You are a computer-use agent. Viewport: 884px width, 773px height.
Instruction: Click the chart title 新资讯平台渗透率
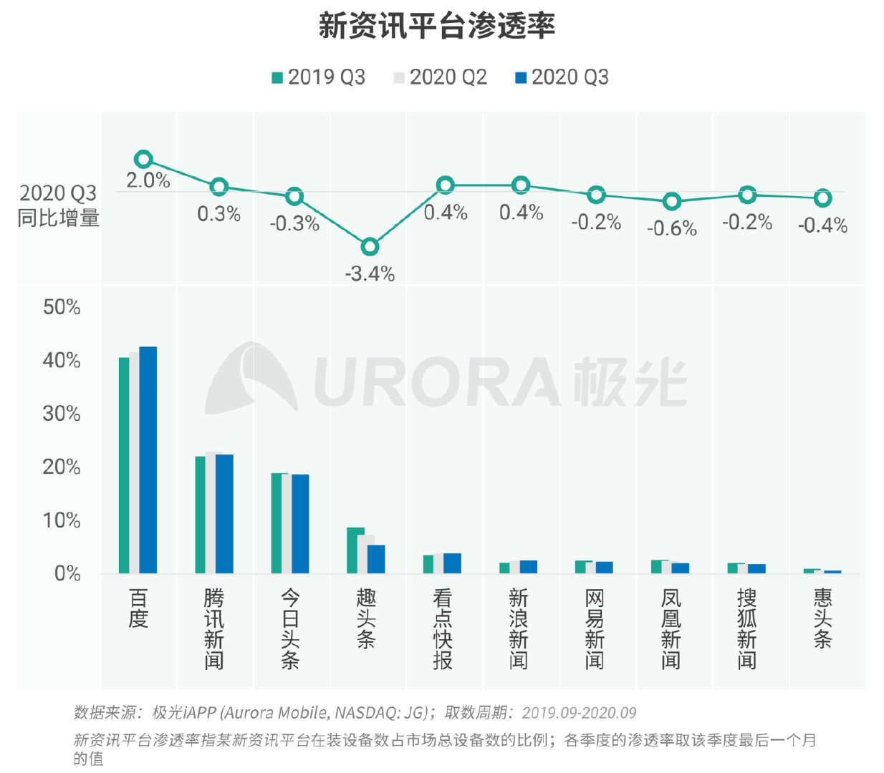(437, 26)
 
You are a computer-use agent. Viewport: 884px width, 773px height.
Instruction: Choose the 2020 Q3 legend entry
(562, 77)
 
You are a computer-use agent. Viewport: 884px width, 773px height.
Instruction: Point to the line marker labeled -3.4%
(370, 247)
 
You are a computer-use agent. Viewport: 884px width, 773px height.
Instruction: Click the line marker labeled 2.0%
(143, 159)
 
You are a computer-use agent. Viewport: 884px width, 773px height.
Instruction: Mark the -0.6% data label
(671, 228)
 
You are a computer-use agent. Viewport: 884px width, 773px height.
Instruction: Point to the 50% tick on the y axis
(62, 307)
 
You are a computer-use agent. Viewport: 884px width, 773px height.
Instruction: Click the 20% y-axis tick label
(62, 467)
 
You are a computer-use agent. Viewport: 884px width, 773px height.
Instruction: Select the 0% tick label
(67, 573)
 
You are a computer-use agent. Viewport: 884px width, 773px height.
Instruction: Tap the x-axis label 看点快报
(442, 628)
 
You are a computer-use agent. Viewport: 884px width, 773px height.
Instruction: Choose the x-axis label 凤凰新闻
(671, 628)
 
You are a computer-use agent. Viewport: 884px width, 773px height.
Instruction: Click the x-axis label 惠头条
(822, 618)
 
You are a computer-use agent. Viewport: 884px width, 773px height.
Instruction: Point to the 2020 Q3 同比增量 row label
(58, 205)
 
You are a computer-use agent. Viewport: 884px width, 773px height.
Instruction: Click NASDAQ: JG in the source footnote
(381, 713)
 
